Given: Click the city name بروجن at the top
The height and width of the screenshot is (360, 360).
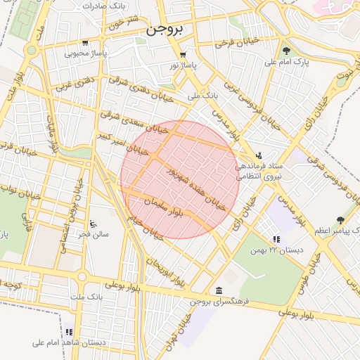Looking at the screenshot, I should (x=165, y=32).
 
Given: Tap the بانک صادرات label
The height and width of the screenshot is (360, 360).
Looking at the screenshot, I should (x=103, y=6).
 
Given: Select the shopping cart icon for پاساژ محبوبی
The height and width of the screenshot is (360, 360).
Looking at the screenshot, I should (x=85, y=42).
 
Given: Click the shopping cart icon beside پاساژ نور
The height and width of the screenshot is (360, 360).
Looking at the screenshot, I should (x=183, y=54).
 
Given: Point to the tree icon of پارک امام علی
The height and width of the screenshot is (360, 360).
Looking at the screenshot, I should (x=286, y=51).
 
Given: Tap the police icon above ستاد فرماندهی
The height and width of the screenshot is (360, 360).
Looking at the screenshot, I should (x=259, y=155).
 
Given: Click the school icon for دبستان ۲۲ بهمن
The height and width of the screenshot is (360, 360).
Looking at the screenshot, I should (x=276, y=239).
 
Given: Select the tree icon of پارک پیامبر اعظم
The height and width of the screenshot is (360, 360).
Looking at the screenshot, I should (x=341, y=220).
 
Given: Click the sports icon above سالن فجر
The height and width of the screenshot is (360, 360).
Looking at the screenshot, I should (x=93, y=223).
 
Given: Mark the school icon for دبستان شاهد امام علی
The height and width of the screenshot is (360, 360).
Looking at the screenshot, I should (x=69, y=332).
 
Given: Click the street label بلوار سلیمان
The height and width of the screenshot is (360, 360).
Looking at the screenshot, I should (x=163, y=206).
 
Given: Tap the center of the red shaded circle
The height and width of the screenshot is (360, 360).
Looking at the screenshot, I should (x=180, y=179).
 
